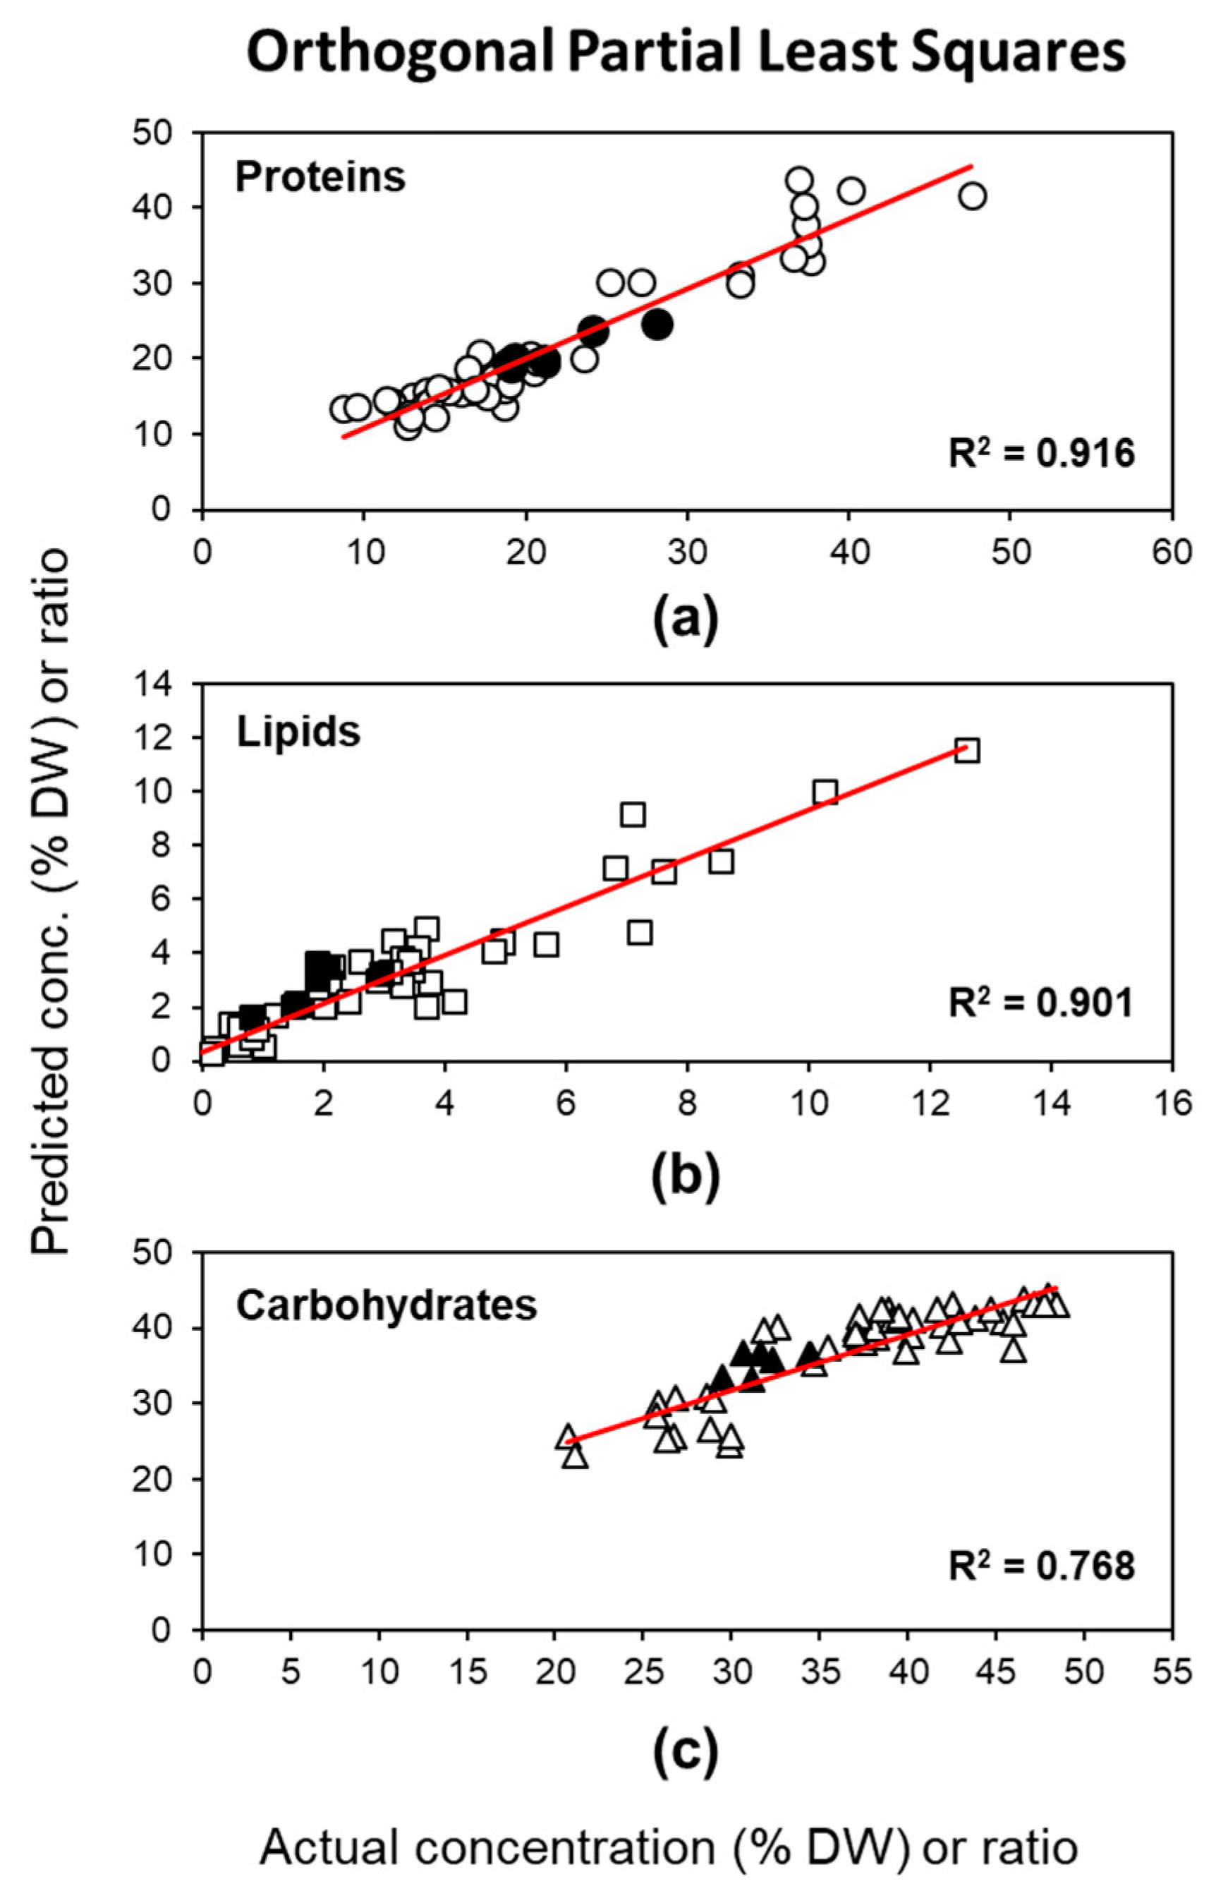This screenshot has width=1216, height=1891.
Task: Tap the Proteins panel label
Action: pos(320,177)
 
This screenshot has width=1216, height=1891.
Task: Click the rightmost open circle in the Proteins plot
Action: pos(973,196)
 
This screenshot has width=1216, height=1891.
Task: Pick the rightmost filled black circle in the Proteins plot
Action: pos(657,324)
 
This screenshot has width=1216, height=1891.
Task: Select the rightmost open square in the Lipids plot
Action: pos(967,750)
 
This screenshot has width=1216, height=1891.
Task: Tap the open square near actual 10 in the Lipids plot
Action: pos(825,792)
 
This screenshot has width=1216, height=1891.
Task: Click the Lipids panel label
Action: pos(298,732)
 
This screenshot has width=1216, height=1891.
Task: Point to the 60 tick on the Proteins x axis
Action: pos(1172,552)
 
